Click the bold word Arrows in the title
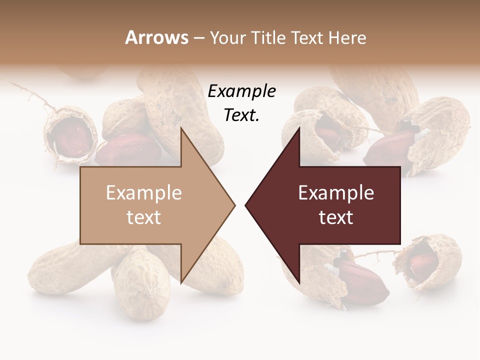pos(157,37)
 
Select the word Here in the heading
pos(347,37)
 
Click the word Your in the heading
pos(228,37)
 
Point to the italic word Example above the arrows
pos(241,91)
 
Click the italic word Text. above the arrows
pos(241,115)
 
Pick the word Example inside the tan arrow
pos(143,193)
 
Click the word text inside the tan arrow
pos(143,217)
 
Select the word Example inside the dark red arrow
pos(336,193)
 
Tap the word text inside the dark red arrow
pos(336,217)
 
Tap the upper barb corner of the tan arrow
pos(181,128)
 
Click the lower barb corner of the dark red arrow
pos(299,283)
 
